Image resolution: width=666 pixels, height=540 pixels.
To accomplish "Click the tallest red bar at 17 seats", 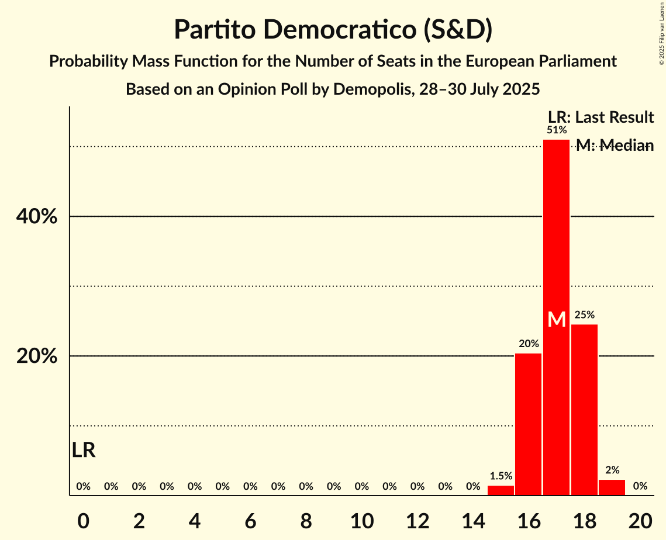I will tap(556, 234).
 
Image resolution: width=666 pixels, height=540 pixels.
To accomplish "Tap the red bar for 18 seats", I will tap(584, 409).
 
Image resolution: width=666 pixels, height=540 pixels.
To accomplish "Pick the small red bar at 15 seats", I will tap(501, 490).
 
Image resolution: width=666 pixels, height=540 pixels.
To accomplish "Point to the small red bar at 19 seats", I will tap(612, 487).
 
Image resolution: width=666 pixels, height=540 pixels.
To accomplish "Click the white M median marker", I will tap(557, 320).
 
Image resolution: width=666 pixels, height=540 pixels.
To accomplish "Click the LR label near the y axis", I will tap(84, 450).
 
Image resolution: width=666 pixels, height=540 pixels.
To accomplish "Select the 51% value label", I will tap(556, 130).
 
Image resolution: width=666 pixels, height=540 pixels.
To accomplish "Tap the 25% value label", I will tap(584, 315).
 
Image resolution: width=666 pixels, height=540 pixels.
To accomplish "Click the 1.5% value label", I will tap(501, 476).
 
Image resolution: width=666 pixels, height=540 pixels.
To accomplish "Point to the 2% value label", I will tap(612, 470).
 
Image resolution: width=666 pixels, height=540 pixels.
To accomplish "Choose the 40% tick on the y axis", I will tap(36, 217).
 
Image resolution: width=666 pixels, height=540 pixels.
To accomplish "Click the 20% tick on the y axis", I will tap(36, 356).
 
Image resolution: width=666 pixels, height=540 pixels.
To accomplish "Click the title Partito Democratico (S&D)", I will tap(333, 30).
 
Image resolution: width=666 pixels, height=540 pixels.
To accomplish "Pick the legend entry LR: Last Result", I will tap(601, 117).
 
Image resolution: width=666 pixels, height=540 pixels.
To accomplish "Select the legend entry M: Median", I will tap(615, 146).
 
